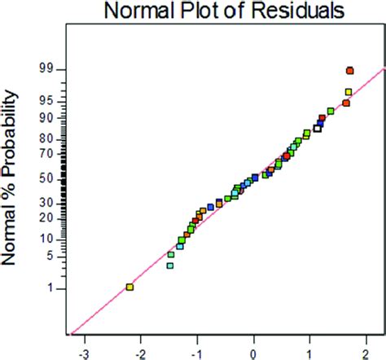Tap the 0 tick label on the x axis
254,347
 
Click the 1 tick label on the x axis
310,347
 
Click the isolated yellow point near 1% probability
129,287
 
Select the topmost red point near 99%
349,71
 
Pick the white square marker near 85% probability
318,127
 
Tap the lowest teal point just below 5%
170,265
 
